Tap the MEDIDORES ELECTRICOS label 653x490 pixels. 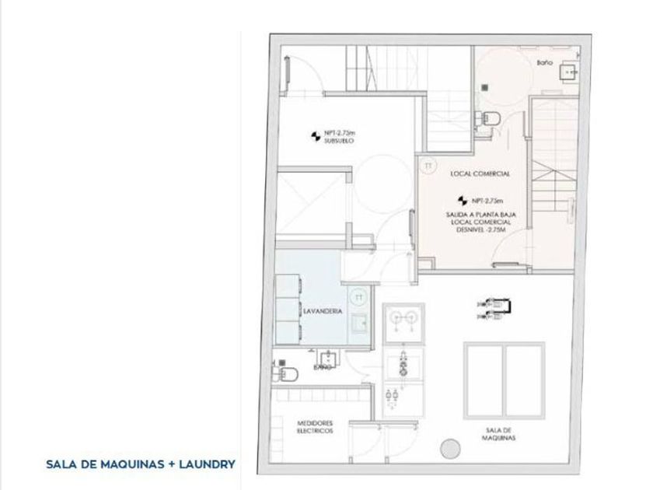[x=316, y=427]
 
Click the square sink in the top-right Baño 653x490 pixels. [x=571, y=73]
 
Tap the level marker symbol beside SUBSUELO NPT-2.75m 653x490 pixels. [x=316, y=137]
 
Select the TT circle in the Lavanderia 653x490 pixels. [x=358, y=296]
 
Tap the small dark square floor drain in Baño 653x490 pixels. [x=483, y=87]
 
